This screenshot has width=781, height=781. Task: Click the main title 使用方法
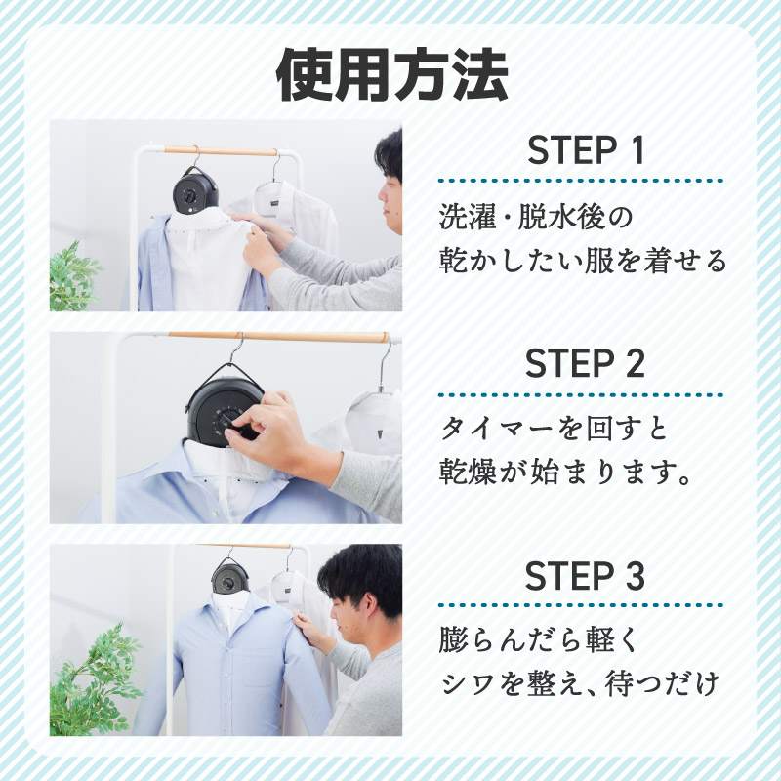(391, 74)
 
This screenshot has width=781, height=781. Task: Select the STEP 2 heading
(586, 364)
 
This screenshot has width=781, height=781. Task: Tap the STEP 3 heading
(586, 576)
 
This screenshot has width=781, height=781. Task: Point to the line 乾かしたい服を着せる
(583, 262)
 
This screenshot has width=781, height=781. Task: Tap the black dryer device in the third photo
(230, 576)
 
